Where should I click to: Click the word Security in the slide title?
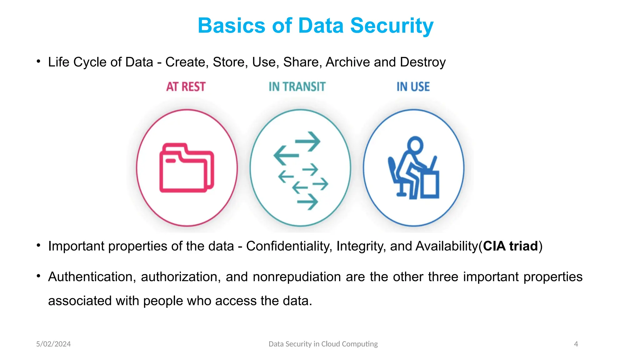point(392,26)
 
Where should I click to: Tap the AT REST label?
point(186,87)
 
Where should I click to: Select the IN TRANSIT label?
point(297,87)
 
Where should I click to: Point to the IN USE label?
point(413,87)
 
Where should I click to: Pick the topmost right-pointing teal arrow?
point(308,141)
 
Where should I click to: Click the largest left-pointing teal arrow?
point(286,155)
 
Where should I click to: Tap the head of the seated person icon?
point(415,145)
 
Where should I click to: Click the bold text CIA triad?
point(510,246)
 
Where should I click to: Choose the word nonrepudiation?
point(297,277)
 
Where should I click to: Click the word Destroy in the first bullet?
point(423,62)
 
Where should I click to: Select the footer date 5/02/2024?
point(53,344)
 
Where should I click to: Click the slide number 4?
point(576,344)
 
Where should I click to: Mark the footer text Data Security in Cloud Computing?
point(323,344)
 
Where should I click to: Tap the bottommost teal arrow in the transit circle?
point(307,202)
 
